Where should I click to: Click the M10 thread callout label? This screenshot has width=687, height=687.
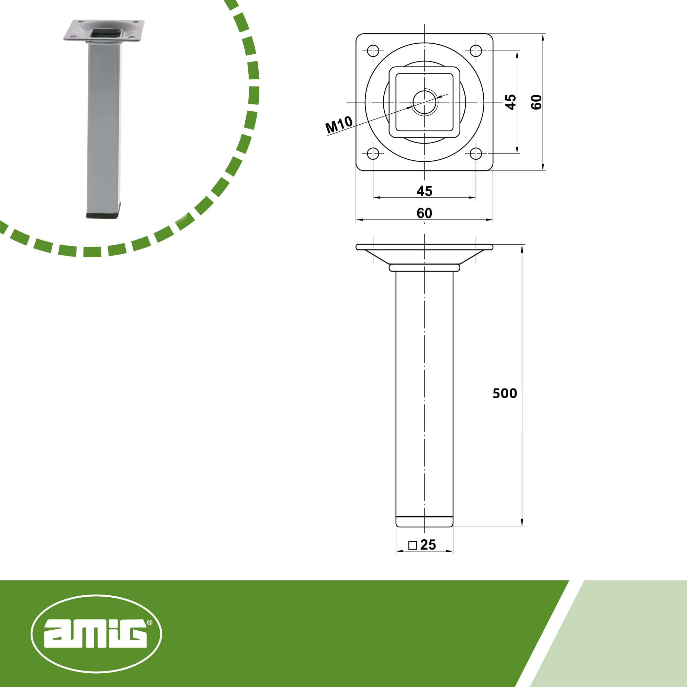(339, 125)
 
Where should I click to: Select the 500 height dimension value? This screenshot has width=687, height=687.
(505, 393)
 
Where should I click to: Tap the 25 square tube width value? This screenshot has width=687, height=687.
(428, 544)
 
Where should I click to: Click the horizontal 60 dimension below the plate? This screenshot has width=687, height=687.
(424, 213)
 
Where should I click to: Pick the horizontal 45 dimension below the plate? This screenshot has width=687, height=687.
(424, 191)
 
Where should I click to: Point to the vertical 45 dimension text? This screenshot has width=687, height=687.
(511, 102)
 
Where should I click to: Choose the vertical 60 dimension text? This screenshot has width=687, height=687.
(536, 102)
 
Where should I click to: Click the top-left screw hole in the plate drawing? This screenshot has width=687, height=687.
(373, 50)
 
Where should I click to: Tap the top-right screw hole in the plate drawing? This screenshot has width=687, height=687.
(476, 50)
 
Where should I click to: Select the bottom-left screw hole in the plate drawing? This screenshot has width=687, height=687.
(373, 154)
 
